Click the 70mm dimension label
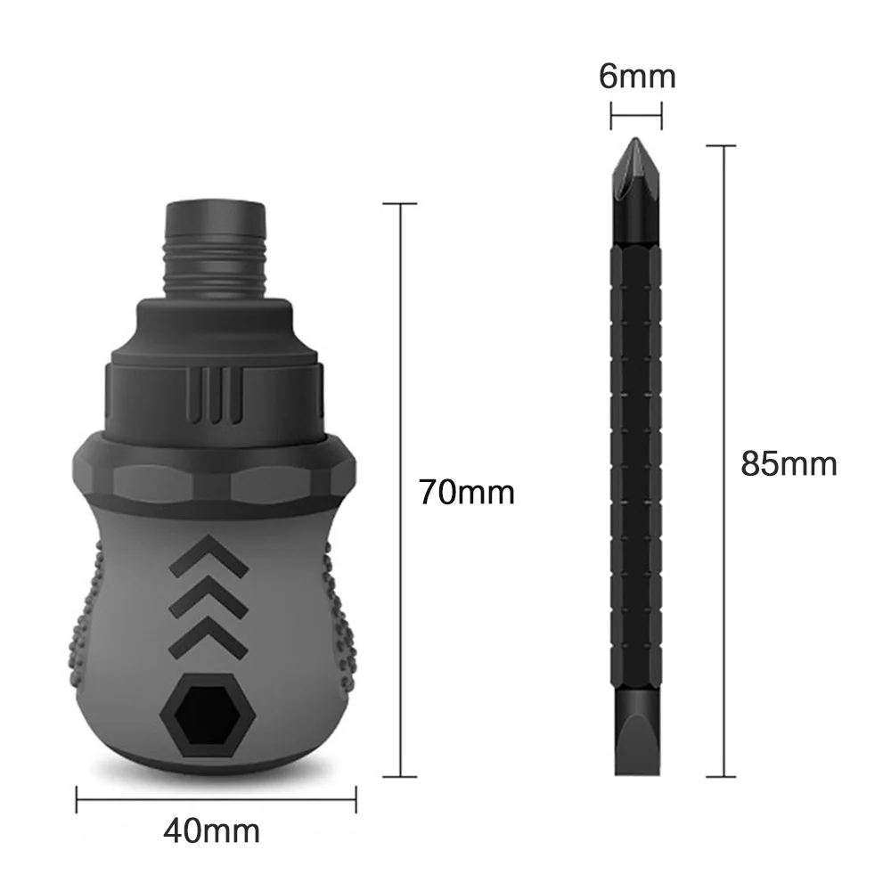467,492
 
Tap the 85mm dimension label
789,463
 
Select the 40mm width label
211,831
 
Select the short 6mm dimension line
636,114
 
